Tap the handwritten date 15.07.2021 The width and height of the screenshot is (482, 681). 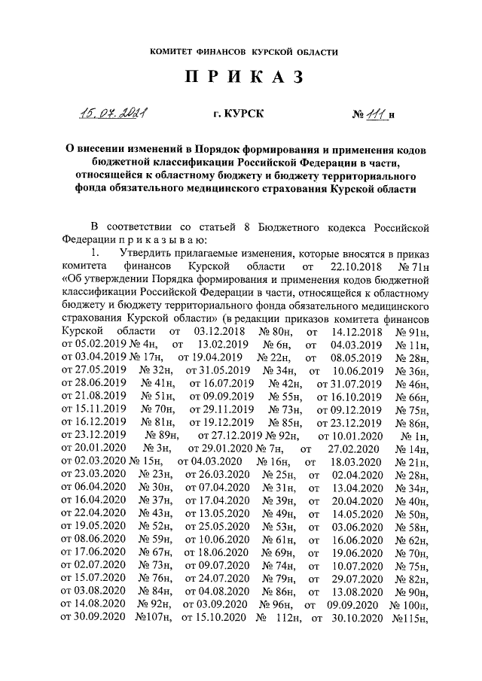coord(114,115)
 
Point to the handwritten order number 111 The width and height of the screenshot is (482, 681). coord(374,114)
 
